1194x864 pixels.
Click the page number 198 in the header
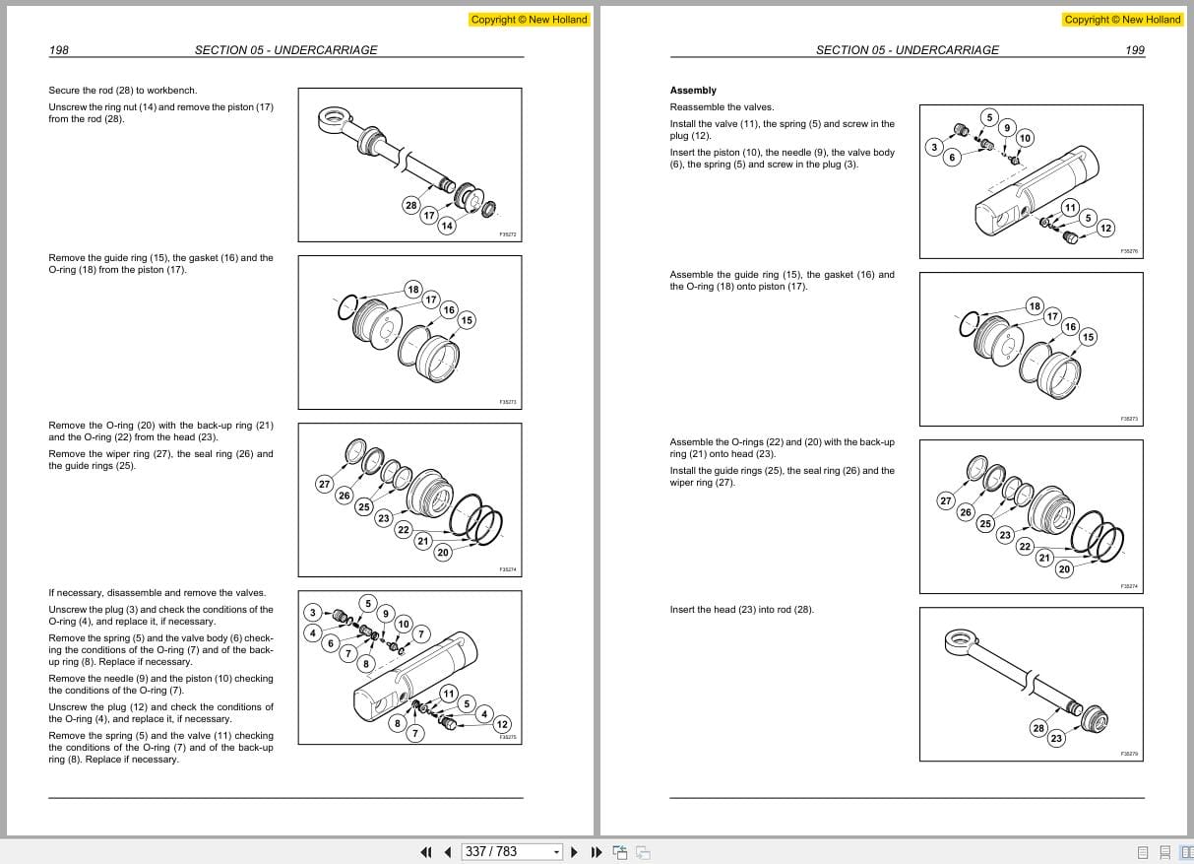click(x=58, y=50)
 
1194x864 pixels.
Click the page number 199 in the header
click(x=1134, y=50)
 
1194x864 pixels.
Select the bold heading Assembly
click(x=693, y=91)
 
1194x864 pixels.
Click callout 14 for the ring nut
click(x=447, y=226)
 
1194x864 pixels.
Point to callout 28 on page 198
click(x=410, y=205)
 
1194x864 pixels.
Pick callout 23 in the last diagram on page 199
click(x=1056, y=738)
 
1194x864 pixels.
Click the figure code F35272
click(x=508, y=235)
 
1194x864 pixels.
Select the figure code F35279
click(x=1129, y=754)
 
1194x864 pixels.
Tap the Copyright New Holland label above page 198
click(x=529, y=20)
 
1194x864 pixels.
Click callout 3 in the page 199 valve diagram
click(x=934, y=147)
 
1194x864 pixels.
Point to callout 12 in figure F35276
click(x=1105, y=229)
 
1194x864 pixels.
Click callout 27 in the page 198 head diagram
click(x=324, y=484)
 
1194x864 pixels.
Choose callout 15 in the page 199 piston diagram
click(x=1088, y=337)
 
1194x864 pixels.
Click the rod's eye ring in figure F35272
click(x=331, y=120)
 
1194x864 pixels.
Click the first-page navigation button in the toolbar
click(x=426, y=852)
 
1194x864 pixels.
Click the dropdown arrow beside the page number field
click(x=556, y=852)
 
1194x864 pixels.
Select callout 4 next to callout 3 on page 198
click(x=313, y=632)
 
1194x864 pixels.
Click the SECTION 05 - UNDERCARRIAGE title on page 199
click(x=907, y=50)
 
